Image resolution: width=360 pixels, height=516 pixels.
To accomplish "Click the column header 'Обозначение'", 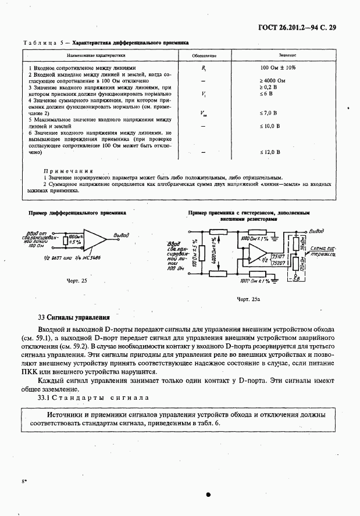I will [x=205, y=56].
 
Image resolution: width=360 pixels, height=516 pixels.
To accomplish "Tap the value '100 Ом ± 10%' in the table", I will [x=277, y=68].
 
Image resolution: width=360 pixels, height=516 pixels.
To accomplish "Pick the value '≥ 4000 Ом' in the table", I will [x=272, y=80].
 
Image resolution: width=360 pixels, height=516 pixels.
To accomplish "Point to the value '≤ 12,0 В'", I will [x=270, y=152].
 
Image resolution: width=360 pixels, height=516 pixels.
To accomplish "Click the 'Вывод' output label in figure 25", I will [x=122, y=235].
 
